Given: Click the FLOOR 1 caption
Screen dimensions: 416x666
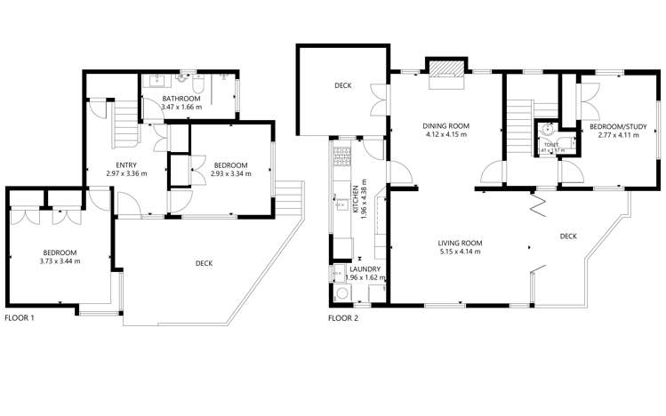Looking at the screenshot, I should [20, 317].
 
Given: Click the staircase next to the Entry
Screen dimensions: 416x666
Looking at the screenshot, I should [124, 124].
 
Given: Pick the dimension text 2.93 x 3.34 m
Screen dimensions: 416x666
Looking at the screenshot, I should [229, 173].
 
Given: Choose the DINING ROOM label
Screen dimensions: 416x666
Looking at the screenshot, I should [445, 125].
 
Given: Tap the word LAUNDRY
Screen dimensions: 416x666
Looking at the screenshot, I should [365, 268].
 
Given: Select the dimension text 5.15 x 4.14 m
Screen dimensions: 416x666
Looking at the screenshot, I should [459, 252].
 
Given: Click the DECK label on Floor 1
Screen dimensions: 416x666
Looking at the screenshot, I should [203, 262].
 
